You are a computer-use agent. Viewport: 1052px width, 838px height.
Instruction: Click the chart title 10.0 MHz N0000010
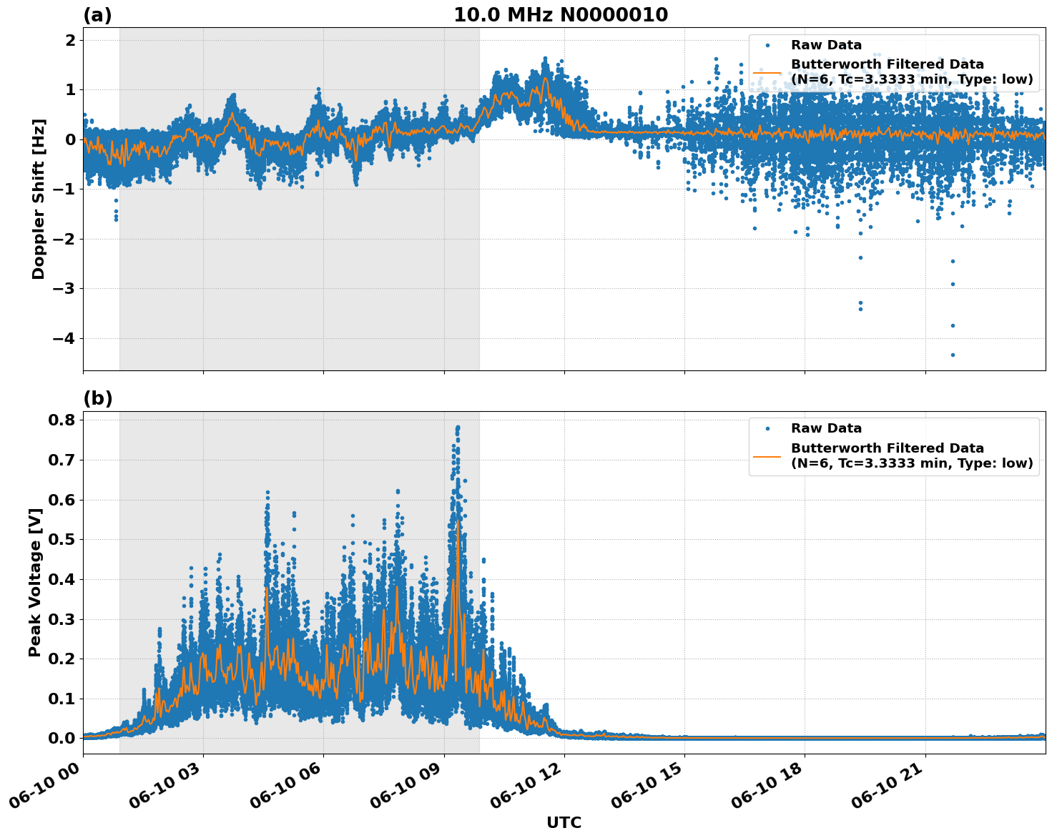click(561, 15)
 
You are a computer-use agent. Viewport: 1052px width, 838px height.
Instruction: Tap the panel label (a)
click(97, 15)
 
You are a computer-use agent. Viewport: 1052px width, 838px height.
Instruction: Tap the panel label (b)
click(97, 398)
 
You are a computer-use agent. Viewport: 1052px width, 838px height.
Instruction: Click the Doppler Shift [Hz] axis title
click(39, 199)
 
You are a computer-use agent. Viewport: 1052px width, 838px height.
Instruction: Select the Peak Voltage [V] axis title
click(35, 582)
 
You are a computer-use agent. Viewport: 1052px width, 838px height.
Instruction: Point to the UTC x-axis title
click(564, 822)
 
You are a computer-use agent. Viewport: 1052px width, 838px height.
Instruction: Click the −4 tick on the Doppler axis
click(65, 338)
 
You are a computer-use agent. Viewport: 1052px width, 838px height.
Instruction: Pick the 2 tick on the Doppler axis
click(70, 40)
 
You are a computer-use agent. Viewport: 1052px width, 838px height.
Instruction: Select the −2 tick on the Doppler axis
click(65, 239)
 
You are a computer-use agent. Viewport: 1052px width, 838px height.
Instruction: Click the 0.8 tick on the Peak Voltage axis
click(63, 420)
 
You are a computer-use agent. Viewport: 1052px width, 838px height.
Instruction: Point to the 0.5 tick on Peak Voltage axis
click(63, 539)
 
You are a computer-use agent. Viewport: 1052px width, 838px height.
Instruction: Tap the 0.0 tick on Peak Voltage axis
click(63, 738)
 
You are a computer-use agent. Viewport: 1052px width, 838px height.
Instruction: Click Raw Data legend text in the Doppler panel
click(826, 45)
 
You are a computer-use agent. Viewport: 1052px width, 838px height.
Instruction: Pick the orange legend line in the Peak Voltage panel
click(767, 455)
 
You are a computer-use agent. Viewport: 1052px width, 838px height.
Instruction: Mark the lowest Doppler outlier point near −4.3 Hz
click(952, 355)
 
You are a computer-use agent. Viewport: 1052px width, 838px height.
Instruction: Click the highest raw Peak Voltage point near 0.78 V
click(458, 428)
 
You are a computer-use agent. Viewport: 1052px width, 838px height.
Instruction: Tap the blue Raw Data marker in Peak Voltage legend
click(767, 429)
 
